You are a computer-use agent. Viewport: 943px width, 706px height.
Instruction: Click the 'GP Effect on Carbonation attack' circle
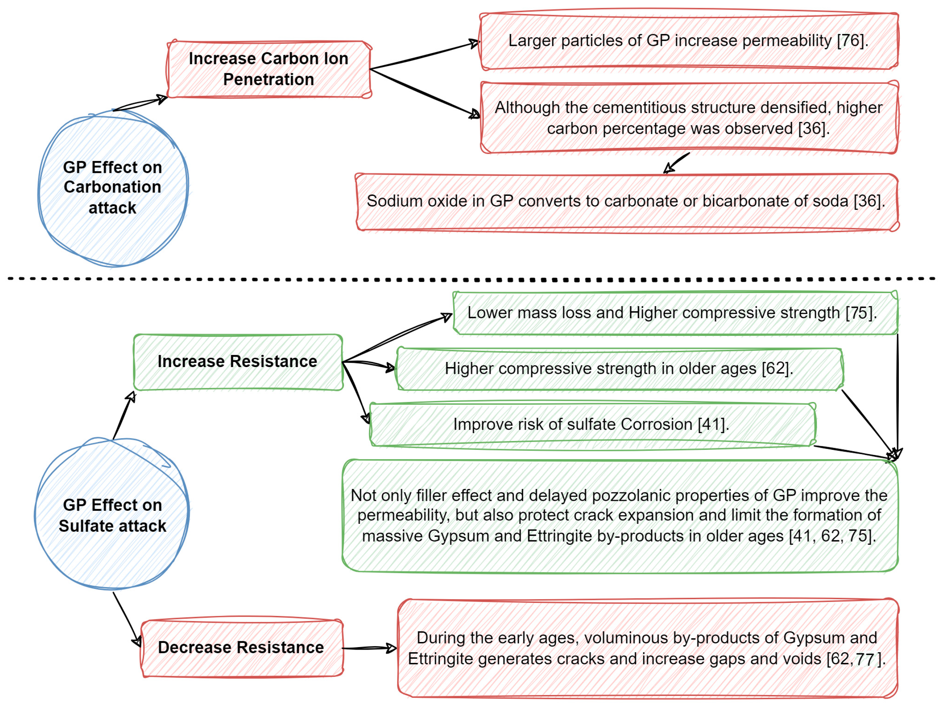[113, 188]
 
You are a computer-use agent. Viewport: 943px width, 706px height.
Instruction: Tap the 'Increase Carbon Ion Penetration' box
[269, 69]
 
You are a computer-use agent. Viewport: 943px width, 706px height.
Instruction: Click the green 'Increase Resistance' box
[237, 362]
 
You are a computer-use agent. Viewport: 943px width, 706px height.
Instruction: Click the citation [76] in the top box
[851, 41]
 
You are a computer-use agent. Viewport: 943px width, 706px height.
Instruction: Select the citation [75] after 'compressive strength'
[860, 313]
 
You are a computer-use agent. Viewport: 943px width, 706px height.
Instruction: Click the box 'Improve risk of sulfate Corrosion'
[592, 424]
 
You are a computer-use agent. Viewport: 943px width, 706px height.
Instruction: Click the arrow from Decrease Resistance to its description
[369, 648]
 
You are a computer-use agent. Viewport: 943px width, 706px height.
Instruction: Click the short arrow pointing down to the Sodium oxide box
[677, 164]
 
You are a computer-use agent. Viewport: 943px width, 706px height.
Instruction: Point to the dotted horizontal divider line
[469, 279]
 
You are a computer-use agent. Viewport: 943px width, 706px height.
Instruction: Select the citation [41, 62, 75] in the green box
[831, 536]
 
